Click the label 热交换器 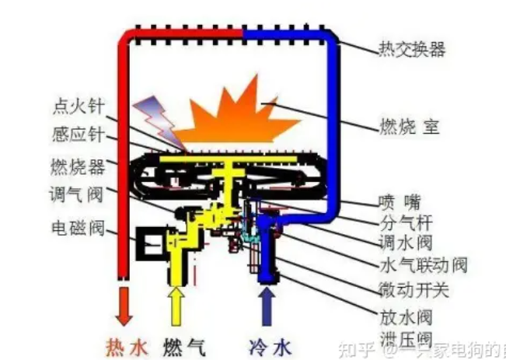(x=412, y=50)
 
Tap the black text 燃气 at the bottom (x=183, y=344)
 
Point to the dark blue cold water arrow (x=268, y=304)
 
